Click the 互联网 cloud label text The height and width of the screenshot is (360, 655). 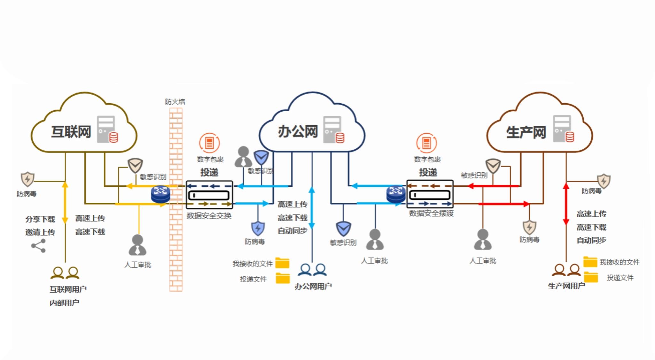pyautogui.click(x=71, y=132)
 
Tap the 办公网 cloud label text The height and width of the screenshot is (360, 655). pyautogui.click(x=297, y=132)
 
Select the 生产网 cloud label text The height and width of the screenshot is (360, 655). pyautogui.click(x=526, y=132)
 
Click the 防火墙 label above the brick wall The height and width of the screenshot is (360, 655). pyautogui.click(x=175, y=102)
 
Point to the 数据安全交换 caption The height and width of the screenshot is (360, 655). pyautogui.click(x=209, y=216)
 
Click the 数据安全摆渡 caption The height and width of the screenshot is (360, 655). pyautogui.click(x=431, y=213)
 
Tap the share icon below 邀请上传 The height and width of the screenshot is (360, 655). pyautogui.click(x=38, y=246)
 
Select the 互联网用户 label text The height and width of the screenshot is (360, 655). pyautogui.click(x=68, y=289)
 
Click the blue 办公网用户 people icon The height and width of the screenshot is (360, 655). pyautogui.click(x=312, y=270)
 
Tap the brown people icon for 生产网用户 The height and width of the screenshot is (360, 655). pyautogui.click(x=566, y=270)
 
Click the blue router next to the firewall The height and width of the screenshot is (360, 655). pyautogui.click(x=161, y=194)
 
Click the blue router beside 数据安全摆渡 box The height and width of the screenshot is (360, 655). pyautogui.click(x=396, y=194)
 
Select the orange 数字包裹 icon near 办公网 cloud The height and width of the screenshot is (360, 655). pyautogui.click(x=209, y=143)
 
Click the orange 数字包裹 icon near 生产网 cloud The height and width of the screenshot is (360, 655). pyautogui.click(x=426, y=143)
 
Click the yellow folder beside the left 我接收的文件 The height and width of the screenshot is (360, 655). pyautogui.click(x=282, y=263)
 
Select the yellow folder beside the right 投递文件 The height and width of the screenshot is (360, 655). pyautogui.click(x=591, y=277)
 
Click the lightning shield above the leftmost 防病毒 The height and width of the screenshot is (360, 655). pyautogui.click(x=28, y=179)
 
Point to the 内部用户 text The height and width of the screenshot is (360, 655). pyautogui.click(x=64, y=303)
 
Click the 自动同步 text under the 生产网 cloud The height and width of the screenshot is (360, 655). pyautogui.click(x=591, y=240)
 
